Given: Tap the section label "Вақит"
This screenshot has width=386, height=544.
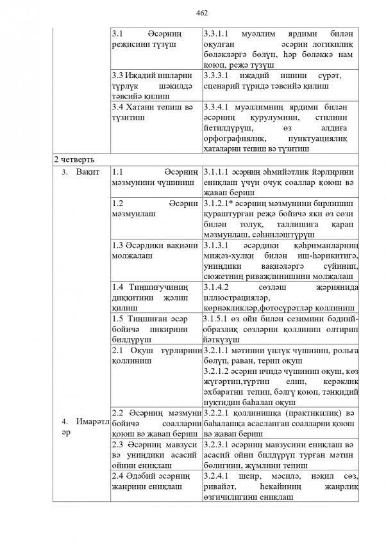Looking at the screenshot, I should click(x=87, y=173).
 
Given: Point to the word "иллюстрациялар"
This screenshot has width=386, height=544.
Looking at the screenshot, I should click(x=234, y=298).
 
